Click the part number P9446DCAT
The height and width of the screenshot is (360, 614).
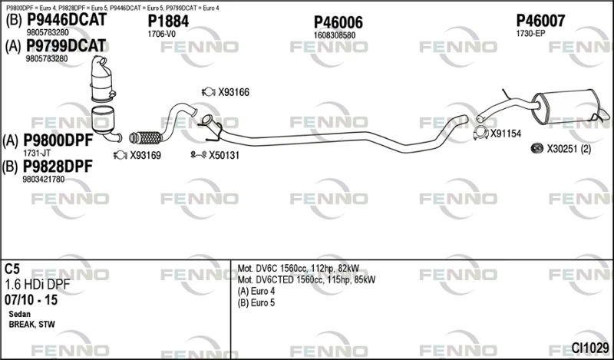click(67, 20)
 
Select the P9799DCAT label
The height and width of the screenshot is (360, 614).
click(66, 46)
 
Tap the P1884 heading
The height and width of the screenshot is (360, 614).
click(168, 21)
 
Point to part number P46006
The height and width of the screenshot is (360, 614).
click(338, 23)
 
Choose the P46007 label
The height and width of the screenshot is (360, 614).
click(540, 21)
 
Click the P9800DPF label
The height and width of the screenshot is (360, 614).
click(58, 140)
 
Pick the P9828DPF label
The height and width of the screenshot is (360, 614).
click(58, 167)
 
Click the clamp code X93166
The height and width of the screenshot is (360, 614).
click(234, 92)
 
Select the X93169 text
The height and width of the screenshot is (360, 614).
click(145, 156)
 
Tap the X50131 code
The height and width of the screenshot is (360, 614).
click(224, 156)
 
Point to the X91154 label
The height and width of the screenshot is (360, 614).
click(506, 134)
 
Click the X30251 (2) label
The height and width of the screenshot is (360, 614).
click(569, 149)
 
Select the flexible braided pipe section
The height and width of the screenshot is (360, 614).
click(145, 137)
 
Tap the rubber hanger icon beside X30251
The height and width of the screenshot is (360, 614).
click(536, 148)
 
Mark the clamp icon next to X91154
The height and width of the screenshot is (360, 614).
click(480, 134)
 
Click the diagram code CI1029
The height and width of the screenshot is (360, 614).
click(590, 348)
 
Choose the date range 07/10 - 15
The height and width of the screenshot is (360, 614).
click(31, 300)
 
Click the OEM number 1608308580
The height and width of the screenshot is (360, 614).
click(335, 35)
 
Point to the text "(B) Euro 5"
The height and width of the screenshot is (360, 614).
click(256, 302)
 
